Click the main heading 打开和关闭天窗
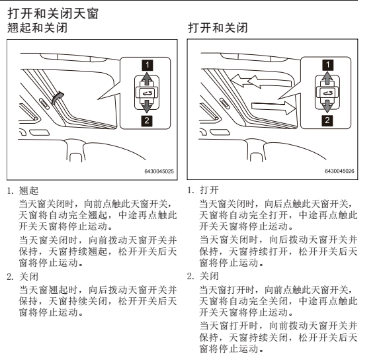53,13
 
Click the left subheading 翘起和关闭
37,28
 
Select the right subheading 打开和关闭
218,28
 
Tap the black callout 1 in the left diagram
147,65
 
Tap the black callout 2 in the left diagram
147,120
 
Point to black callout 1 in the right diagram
328,65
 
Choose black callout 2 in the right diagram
327,120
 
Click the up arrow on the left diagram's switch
147,79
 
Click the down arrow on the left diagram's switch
147,106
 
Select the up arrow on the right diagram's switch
327,78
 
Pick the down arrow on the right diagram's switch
327,106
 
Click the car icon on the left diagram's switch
147,93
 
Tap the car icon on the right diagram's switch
327,93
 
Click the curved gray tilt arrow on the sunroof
57,97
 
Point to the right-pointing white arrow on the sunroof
273,107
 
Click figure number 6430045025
159,171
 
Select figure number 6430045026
339,171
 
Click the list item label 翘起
28,191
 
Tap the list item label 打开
209,191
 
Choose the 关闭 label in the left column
28,277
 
